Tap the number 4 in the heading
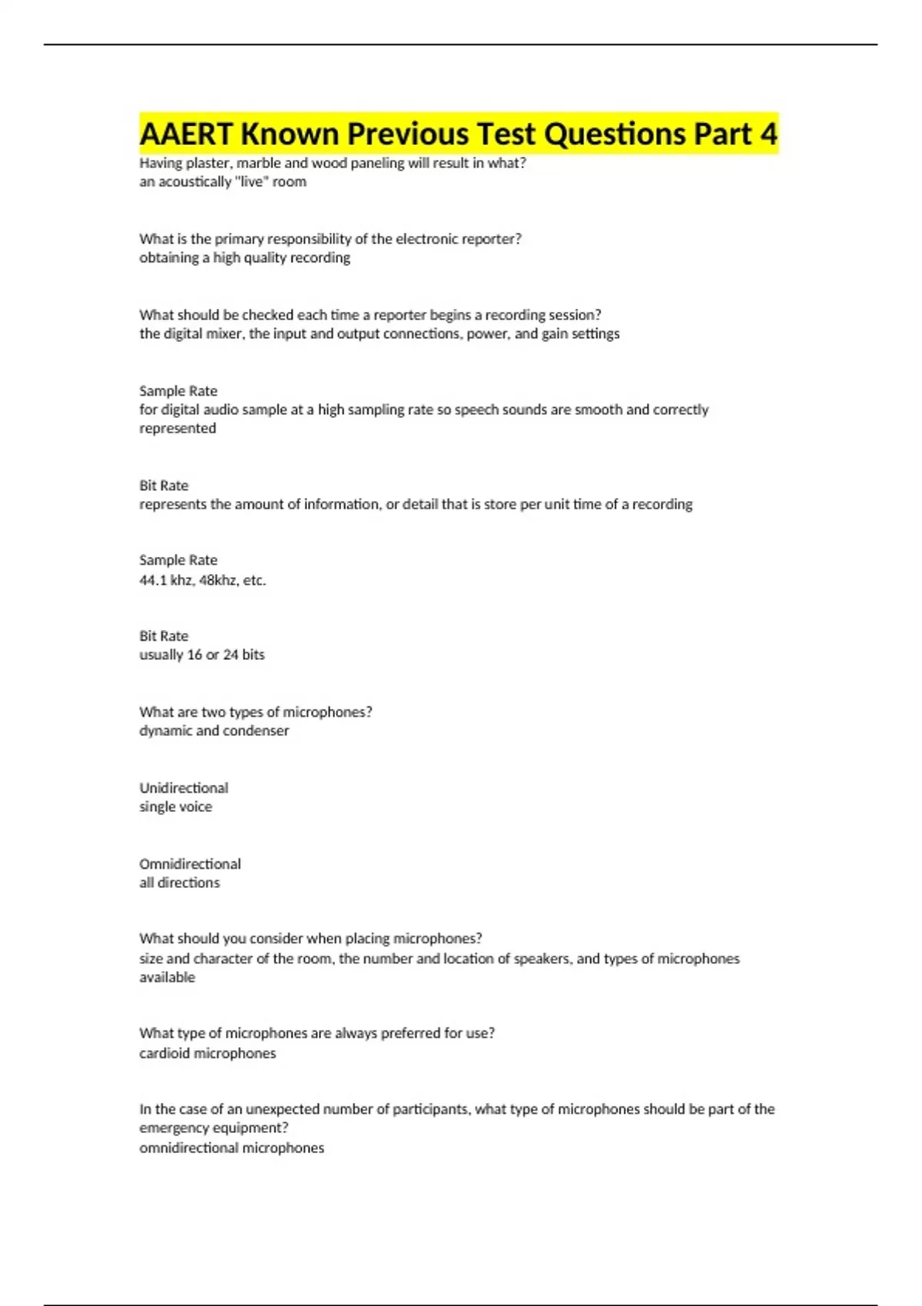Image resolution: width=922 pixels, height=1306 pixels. (768, 134)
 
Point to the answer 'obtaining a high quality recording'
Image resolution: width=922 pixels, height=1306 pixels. (244, 258)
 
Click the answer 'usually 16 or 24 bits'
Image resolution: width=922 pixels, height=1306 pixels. (201, 655)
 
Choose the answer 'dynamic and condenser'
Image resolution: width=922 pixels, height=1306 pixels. (214, 731)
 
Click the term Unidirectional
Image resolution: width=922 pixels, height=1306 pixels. (184, 788)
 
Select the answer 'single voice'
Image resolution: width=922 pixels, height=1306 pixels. (175, 807)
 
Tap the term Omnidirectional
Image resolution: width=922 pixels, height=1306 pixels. (190, 864)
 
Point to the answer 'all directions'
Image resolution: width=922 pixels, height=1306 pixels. (179, 883)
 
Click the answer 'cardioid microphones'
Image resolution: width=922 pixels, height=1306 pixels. (207, 1054)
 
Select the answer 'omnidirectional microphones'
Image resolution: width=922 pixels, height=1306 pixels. (231, 1149)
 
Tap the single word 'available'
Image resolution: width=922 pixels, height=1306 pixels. (167, 978)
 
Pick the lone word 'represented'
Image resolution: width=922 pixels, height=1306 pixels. (177, 429)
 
